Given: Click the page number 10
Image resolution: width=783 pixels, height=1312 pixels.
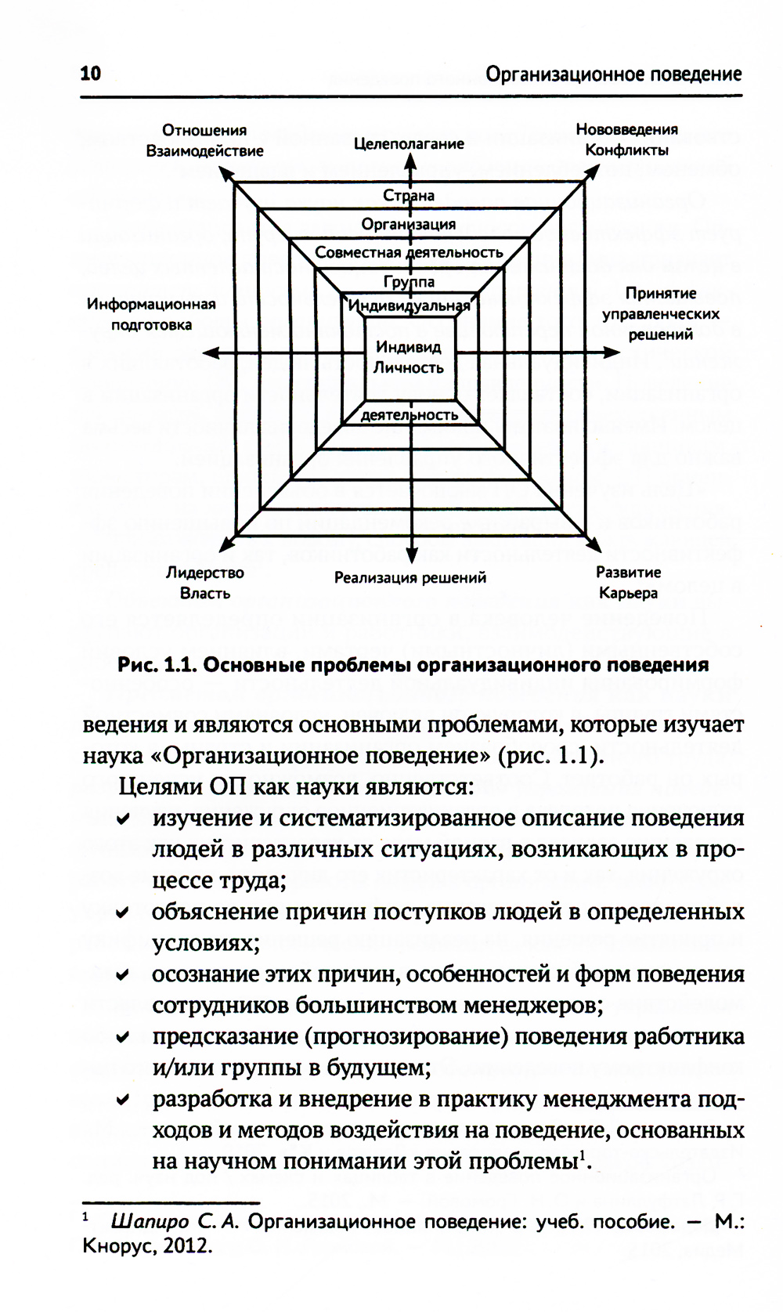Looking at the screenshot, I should click(x=91, y=74).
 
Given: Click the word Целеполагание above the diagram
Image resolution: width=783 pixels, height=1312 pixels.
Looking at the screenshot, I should click(x=409, y=143).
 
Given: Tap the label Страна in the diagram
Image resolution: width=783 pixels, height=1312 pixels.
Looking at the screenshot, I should click(x=409, y=195).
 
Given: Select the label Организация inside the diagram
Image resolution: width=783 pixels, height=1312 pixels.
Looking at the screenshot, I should click(x=409, y=224).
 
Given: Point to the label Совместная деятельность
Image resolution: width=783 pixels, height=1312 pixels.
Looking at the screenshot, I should click(x=409, y=252).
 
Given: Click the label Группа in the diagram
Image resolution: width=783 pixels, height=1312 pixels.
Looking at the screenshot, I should click(x=409, y=281).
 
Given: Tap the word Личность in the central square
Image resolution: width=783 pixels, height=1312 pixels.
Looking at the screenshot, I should click(x=409, y=367).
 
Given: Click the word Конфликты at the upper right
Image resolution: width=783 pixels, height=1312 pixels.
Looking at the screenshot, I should click(x=627, y=150).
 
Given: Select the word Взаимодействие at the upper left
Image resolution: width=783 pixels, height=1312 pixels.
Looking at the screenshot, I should click(x=205, y=151).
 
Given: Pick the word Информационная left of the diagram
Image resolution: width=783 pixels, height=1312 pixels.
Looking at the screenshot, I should click(x=151, y=304).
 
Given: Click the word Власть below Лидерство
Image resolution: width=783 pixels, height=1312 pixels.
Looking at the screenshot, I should click(x=205, y=593).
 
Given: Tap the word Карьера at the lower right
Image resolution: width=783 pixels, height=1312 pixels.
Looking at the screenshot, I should click(x=628, y=593).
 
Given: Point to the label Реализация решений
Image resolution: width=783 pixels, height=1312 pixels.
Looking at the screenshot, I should click(x=410, y=578).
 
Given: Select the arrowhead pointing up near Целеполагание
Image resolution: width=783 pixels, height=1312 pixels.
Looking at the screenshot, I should click(x=409, y=160).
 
